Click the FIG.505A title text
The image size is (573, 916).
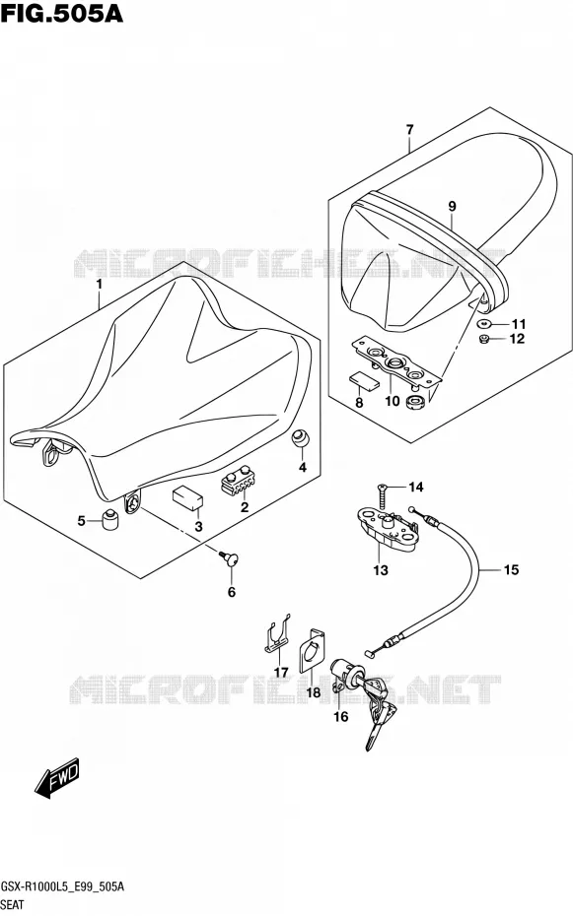(x=61, y=13)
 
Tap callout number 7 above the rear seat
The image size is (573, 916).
(x=409, y=130)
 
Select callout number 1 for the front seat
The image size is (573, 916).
(x=100, y=285)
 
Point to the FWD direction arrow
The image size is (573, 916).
(x=57, y=780)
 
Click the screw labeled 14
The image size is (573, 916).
(x=382, y=496)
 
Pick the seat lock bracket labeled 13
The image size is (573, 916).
(x=386, y=529)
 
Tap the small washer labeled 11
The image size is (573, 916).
(x=484, y=323)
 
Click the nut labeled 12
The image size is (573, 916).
(x=484, y=339)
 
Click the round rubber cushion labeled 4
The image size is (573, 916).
(x=301, y=438)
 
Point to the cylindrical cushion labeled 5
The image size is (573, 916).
(x=110, y=519)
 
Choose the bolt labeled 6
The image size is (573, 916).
(x=229, y=558)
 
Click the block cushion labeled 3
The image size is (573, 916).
(x=187, y=496)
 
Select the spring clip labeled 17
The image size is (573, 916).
(x=275, y=634)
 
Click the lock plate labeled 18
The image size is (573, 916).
(x=313, y=651)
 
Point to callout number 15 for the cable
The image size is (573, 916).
(x=511, y=569)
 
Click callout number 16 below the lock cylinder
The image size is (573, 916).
(x=341, y=717)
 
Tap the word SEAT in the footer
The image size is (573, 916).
(x=12, y=905)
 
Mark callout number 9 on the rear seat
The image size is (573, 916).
(x=452, y=206)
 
